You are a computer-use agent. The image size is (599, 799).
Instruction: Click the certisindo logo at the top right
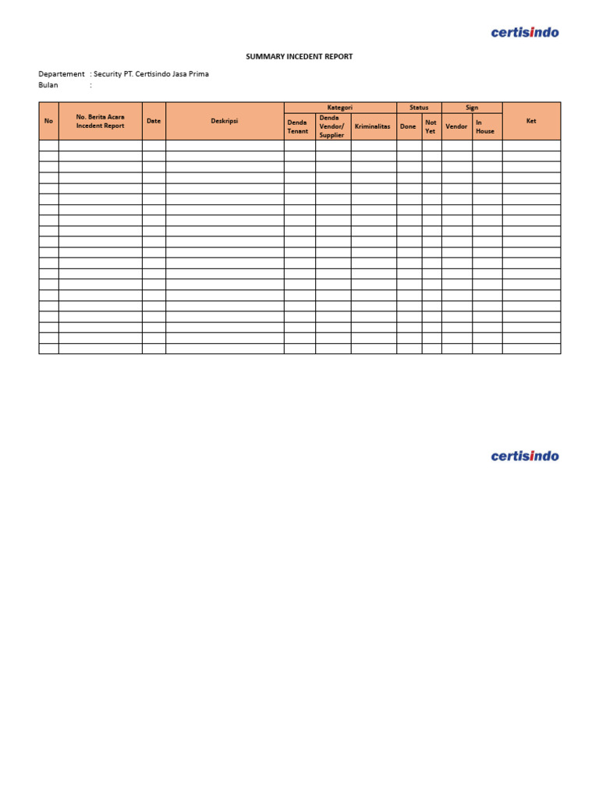coord(525,32)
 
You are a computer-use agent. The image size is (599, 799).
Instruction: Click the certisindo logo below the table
coord(525,456)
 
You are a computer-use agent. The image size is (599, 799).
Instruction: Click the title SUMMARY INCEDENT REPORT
coord(299,57)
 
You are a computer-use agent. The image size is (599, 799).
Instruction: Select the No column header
coord(48,121)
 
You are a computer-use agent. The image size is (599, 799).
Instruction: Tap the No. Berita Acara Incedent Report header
coord(100,121)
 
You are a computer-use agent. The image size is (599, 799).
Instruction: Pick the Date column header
coord(154,121)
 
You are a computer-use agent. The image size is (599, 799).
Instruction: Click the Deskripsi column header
coord(225,121)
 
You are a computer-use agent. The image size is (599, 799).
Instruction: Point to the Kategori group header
coord(340,108)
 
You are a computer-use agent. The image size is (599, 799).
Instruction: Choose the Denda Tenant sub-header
coord(299,126)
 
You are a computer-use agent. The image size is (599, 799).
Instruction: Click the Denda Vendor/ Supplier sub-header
coord(332,126)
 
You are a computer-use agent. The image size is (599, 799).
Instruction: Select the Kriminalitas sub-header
coord(373,126)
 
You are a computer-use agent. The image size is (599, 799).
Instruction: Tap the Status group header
coord(419,108)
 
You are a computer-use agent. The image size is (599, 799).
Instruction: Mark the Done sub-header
coord(408,126)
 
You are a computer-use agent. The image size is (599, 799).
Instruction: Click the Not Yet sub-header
coord(431,126)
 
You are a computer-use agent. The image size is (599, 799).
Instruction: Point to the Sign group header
coord(472,108)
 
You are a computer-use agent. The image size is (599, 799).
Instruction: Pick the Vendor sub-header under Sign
coord(456,126)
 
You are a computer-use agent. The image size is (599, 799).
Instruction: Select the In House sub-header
coord(485,126)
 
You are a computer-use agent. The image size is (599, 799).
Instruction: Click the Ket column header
coord(531,121)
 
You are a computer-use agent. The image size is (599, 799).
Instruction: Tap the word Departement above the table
coord(62,74)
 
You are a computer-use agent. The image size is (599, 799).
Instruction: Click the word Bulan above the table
coord(48,85)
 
